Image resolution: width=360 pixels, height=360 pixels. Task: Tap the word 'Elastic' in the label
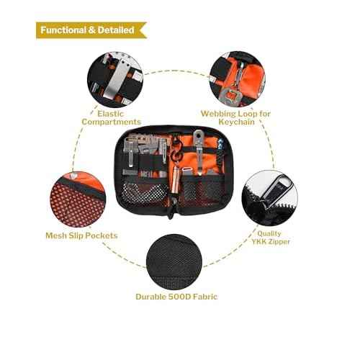coord(111,113)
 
